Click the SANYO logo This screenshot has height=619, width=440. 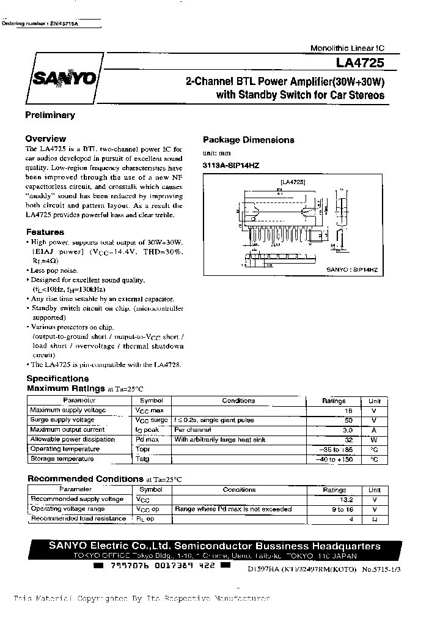pyautogui.click(x=59, y=79)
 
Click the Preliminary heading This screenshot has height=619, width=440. pyautogui.click(x=50, y=115)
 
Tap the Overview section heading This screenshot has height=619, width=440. pyautogui.click(x=46, y=139)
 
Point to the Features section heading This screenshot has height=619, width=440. pyautogui.click(x=45, y=232)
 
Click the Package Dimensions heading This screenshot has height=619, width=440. pyautogui.click(x=248, y=140)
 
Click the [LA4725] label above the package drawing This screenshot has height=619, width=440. pyautogui.click(x=293, y=182)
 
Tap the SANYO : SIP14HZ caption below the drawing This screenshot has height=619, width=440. pyautogui.click(x=352, y=269)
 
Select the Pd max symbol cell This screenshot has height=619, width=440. pyautogui.click(x=147, y=440)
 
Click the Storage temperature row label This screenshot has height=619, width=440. pyautogui.click(x=62, y=459)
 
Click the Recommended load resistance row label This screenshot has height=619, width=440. pyautogui.click(x=78, y=519)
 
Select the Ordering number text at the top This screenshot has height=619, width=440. pyautogui.click(x=42, y=23)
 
